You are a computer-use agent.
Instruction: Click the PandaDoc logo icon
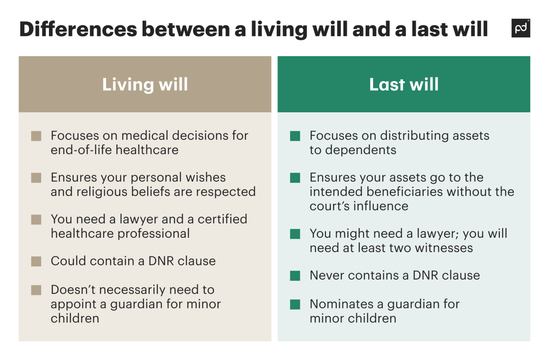(x=520, y=28)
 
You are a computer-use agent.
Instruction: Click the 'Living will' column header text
(x=145, y=85)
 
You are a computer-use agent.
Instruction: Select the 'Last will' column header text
(x=404, y=85)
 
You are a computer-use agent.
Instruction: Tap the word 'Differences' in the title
(x=78, y=29)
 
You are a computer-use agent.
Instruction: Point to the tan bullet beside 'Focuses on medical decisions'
(x=36, y=136)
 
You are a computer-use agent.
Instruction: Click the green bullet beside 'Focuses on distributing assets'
(x=295, y=136)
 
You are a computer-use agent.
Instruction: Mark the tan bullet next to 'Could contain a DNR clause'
(x=36, y=261)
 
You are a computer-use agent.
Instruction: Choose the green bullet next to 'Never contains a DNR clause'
(x=295, y=276)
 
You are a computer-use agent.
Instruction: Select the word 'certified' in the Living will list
(x=222, y=219)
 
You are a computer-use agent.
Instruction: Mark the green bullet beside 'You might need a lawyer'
(x=295, y=234)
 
